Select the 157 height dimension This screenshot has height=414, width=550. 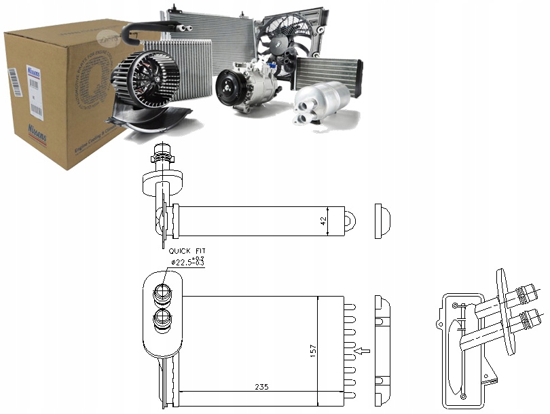[314, 350]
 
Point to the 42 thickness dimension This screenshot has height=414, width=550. [324, 220]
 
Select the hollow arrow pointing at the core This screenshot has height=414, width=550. [365, 351]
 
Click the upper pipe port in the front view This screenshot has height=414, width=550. [162, 293]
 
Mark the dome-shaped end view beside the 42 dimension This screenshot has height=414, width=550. [382, 221]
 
